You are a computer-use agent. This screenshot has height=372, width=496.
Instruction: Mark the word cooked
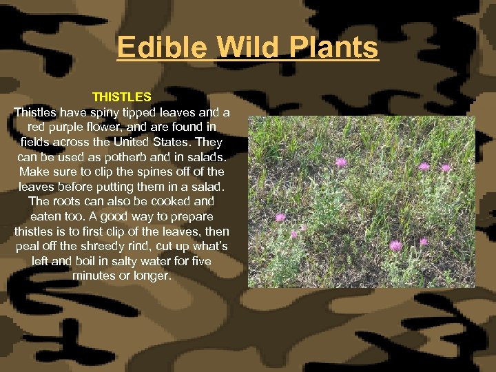coord(161,201)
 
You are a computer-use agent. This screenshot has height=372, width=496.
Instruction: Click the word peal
coord(27,247)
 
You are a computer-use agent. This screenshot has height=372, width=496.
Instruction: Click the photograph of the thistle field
coord(361,201)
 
